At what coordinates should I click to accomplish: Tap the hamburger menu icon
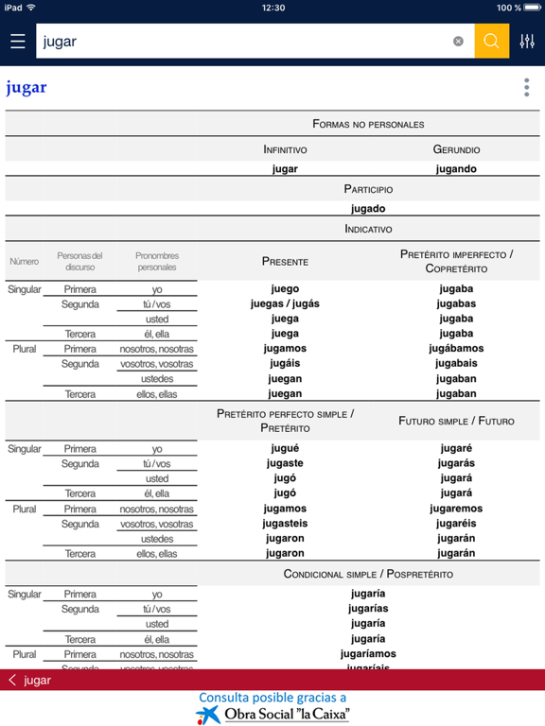click(17, 42)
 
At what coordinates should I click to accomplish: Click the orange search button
click(491, 42)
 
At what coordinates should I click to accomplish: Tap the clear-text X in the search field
click(458, 42)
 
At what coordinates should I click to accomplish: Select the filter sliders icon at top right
click(527, 42)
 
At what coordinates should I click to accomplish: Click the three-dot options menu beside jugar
click(526, 88)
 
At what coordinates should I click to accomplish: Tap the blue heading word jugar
click(26, 89)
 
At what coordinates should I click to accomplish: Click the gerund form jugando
click(456, 169)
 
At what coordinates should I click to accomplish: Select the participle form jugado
click(368, 209)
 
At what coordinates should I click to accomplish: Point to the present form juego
click(285, 289)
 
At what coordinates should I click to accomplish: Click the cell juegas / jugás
click(285, 304)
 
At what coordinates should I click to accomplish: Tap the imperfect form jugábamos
click(456, 349)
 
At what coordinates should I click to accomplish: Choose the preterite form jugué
click(285, 449)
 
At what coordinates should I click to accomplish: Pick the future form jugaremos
click(456, 509)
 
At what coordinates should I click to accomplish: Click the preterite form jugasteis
click(285, 524)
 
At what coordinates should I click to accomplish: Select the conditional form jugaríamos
click(368, 653)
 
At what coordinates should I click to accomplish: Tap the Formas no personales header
click(368, 124)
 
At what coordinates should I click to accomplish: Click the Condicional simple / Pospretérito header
click(368, 574)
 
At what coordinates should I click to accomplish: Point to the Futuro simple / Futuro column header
click(456, 421)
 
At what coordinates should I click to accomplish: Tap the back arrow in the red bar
click(12, 680)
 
